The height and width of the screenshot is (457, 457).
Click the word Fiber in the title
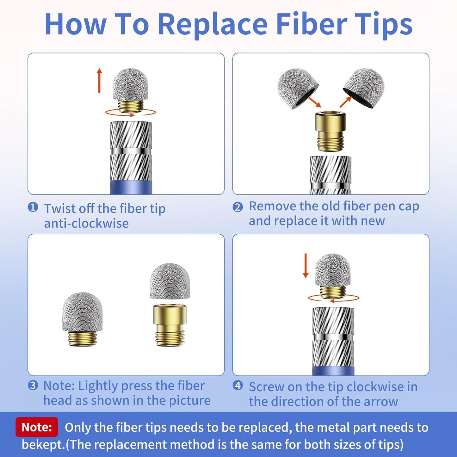(310, 24)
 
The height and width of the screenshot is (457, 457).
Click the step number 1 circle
(33, 207)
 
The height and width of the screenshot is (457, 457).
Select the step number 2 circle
(238, 207)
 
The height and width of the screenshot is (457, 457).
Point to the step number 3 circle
(33, 386)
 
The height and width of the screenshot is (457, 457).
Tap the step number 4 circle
(238, 386)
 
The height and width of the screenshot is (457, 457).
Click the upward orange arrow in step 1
(99, 80)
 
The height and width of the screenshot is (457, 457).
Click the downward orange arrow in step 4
(306, 266)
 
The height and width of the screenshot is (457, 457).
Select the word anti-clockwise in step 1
(86, 223)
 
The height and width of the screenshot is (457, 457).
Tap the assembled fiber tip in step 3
(83, 319)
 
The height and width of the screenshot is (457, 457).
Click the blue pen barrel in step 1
(131, 187)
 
